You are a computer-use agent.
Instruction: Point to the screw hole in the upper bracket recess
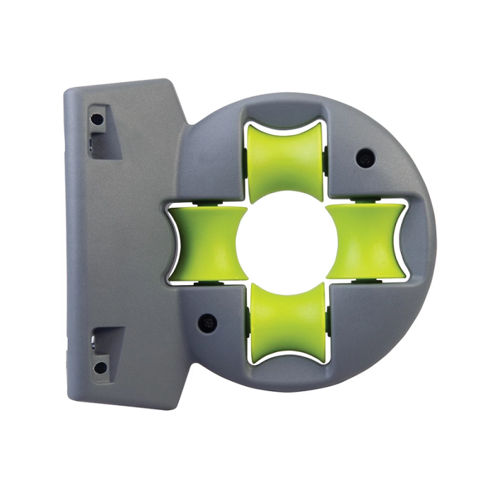coord(97,119)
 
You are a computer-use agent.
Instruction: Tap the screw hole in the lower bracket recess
coord(101,366)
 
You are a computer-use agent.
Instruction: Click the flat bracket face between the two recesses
coord(117,241)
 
